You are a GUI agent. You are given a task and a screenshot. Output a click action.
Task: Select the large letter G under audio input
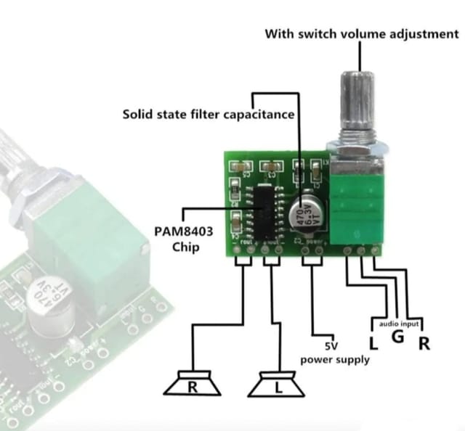pyautogui.click(x=397, y=338)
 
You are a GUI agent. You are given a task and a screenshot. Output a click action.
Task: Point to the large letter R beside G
pyautogui.click(x=423, y=342)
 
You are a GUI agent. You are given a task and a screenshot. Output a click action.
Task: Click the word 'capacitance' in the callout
pyautogui.click(x=259, y=114)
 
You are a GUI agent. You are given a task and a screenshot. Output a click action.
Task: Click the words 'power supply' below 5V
pyautogui.click(x=334, y=359)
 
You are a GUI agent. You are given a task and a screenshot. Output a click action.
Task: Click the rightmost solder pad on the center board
pyautogui.click(x=376, y=250)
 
